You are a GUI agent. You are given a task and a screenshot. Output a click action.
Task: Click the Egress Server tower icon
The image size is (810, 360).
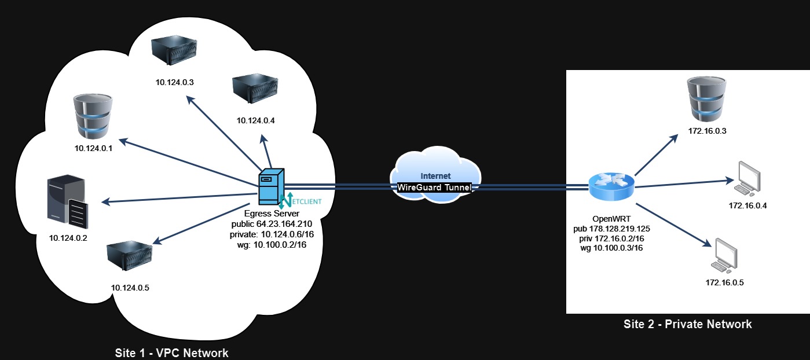click(271, 187)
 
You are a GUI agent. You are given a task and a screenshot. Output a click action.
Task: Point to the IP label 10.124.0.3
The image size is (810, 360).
click(174, 82)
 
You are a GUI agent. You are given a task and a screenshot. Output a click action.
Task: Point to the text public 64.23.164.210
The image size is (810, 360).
click(272, 224)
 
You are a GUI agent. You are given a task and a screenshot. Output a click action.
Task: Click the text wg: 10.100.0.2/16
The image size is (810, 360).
click(272, 245)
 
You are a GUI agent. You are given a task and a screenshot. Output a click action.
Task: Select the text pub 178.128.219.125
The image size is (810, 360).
click(612, 229)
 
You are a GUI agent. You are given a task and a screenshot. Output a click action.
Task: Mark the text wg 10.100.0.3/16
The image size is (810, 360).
click(612, 248)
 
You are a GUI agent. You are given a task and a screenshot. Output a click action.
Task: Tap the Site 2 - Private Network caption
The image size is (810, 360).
click(687, 324)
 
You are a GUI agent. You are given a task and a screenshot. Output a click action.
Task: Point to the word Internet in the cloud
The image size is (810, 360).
click(435, 175)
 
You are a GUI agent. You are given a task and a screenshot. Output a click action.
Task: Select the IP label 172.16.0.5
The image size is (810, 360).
click(724, 282)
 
